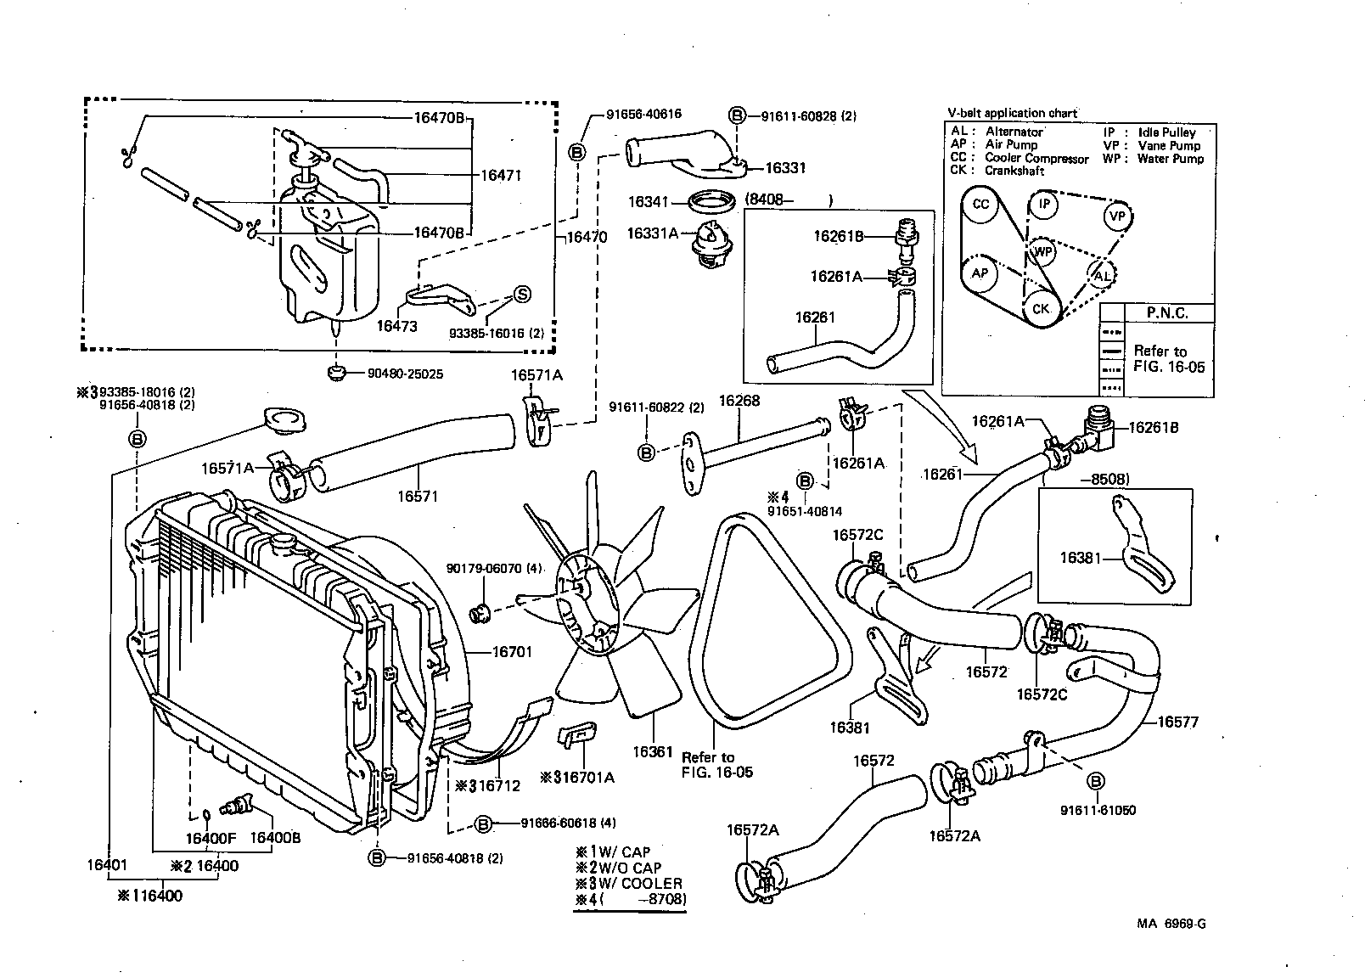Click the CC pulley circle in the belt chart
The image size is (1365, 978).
pos(980,205)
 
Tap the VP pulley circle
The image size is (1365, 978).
pos(1118,216)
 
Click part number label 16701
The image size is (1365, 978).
pos(513,652)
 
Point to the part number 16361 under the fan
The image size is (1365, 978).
pos(653,752)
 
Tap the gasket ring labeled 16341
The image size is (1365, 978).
pos(711,203)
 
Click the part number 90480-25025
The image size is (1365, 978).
pos(405,374)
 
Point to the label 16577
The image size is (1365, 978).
pos(1178,722)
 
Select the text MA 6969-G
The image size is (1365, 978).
pos(1171,924)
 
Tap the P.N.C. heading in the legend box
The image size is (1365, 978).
pos(1168,313)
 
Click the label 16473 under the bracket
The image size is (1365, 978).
pos(397,326)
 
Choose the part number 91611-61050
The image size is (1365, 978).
pos(1098,811)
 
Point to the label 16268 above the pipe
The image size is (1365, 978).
pos(739,400)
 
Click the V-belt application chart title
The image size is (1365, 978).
pos(1013,113)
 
